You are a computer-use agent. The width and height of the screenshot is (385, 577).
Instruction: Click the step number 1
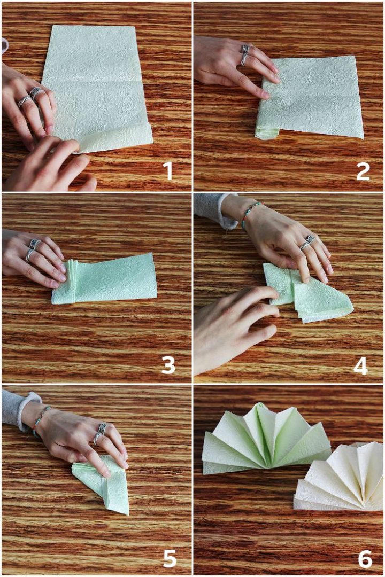(x=168, y=171)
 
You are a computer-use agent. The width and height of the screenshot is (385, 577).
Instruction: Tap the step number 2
(x=363, y=171)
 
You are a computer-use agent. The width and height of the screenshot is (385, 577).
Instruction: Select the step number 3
(x=168, y=365)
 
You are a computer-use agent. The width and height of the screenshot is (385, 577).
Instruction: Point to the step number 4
(x=361, y=365)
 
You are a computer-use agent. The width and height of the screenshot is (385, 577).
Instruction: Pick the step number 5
(x=170, y=558)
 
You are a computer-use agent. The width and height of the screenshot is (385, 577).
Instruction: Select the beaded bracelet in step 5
(x=41, y=419)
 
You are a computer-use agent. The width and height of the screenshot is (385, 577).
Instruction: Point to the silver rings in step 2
(x=245, y=54)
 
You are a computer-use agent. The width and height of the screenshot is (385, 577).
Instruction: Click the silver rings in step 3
(x=33, y=249)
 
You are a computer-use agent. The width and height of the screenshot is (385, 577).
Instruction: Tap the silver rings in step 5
(x=100, y=433)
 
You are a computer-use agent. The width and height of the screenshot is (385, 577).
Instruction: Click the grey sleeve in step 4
(x=215, y=209)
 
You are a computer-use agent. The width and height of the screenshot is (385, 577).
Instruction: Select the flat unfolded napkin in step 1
(x=97, y=88)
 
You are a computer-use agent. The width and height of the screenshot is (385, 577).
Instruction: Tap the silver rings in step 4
(x=307, y=243)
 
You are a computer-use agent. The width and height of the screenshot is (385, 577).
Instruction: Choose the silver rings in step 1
(x=31, y=96)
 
